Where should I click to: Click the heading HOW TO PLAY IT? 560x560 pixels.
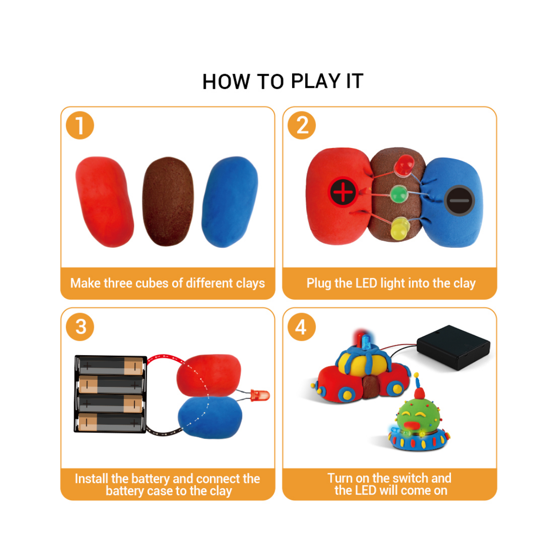[282, 82]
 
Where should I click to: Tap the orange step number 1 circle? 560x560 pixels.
[80, 126]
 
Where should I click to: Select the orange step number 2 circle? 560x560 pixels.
[302, 126]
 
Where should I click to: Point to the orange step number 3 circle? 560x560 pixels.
[80, 327]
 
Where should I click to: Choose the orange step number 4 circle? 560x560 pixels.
[301, 327]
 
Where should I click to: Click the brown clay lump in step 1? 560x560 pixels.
[168, 202]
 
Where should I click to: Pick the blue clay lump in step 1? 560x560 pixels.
[230, 202]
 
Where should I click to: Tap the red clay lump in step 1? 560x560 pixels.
[104, 202]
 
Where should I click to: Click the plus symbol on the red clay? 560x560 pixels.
[343, 192]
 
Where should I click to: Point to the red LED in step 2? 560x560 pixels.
[404, 166]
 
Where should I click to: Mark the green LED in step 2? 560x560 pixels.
[399, 194]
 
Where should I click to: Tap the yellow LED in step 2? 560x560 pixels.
[400, 229]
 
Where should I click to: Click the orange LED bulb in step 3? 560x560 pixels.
[260, 396]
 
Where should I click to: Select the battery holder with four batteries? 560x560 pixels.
[110, 393]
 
